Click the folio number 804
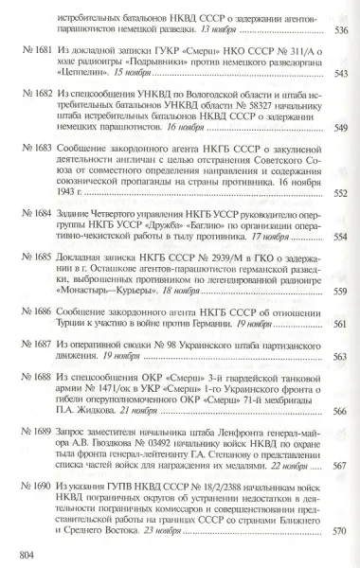16,553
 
